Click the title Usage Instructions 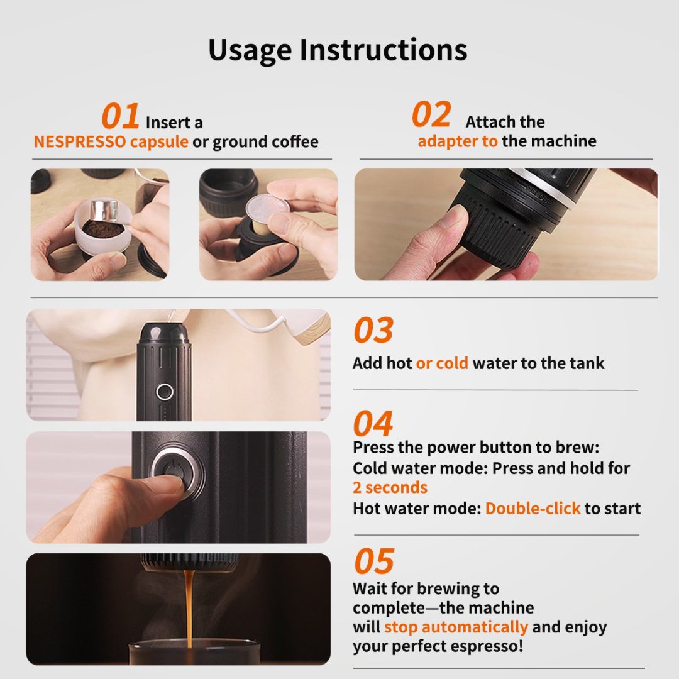[x=338, y=50]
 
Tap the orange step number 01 [x=120, y=117]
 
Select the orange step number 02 [x=431, y=115]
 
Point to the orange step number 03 [x=373, y=331]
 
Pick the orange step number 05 [x=373, y=561]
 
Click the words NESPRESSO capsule [x=111, y=142]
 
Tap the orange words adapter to [x=457, y=141]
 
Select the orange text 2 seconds [x=390, y=488]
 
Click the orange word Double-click [x=533, y=508]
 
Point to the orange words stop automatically [x=456, y=627]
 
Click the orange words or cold [x=442, y=363]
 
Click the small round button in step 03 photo [x=165, y=391]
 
